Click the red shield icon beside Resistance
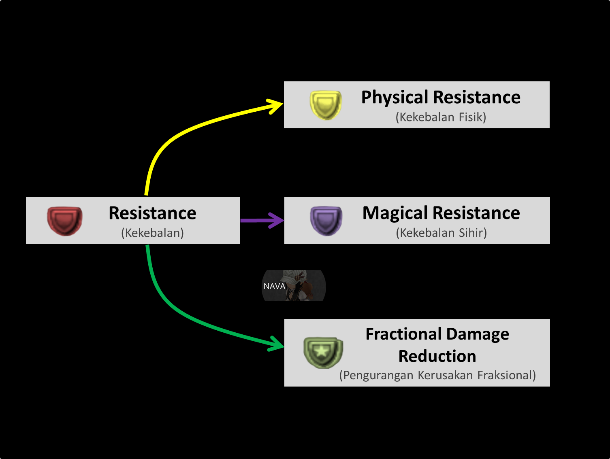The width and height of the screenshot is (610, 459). click(x=64, y=221)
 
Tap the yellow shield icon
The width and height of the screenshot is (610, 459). click(x=326, y=105)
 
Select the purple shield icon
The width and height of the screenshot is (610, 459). click(x=326, y=221)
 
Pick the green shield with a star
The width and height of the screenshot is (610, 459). click(x=323, y=352)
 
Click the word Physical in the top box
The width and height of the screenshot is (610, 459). click(x=395, y=98)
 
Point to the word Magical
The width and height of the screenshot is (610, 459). click(x=395, y=213)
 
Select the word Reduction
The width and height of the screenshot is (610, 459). click(x=437, y=356)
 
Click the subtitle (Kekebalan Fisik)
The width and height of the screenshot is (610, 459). click(x=441, y=117)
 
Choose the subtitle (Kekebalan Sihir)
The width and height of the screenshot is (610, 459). click(x=441, y=233)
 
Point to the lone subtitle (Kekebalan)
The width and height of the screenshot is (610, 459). click(x=152, y=233)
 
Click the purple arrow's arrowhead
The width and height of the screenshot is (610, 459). click(x=277, y=221)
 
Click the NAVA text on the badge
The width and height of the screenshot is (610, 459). click(x=274, y=286)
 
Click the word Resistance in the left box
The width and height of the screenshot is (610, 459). click(x=152, y=213)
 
